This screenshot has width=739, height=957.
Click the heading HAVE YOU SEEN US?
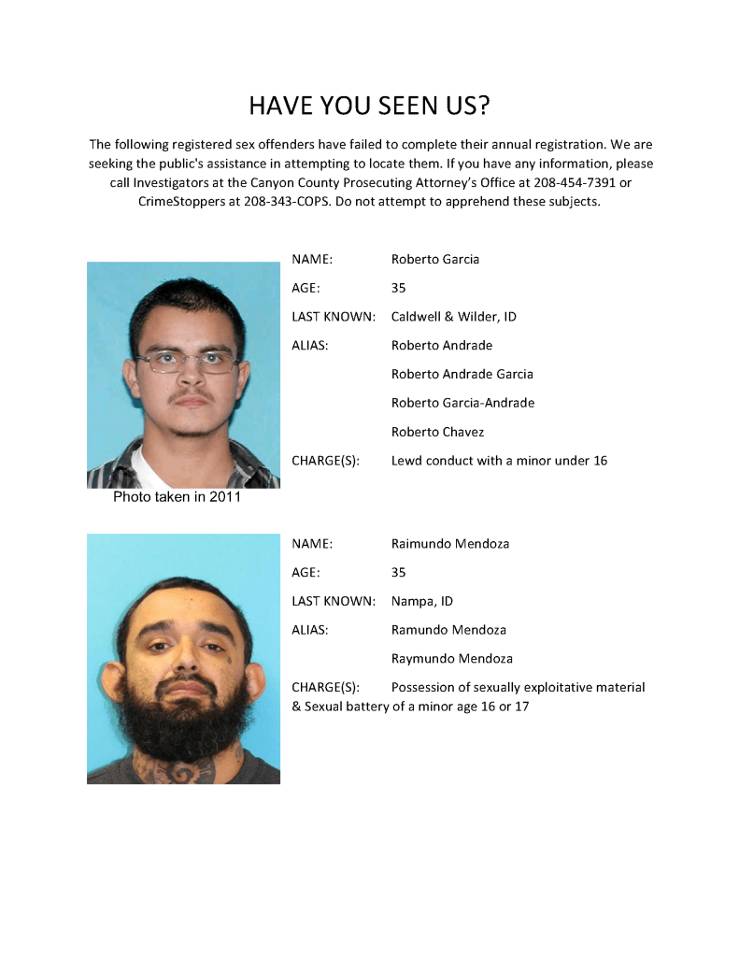tap(369, 106)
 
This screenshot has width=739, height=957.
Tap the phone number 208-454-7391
tap(578, 182)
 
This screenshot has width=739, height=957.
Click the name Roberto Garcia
tap(434, 259)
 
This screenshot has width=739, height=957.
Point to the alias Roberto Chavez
tap(437, 432)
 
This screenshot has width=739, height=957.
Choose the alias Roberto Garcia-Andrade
tap(462, 403)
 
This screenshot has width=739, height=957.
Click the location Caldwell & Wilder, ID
tap(453, 317)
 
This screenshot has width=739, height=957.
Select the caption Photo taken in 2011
tap(177, 497)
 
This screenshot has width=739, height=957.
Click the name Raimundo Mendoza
tap(449, 543)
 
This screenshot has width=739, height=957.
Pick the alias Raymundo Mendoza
tap(451, 658)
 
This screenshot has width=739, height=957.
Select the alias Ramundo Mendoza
tap(448, 630)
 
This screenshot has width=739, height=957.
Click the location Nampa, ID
tap(421, 601)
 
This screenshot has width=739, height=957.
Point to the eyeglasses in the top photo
tap(187, 360)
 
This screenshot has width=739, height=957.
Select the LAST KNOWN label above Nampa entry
tap(333, 601)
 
